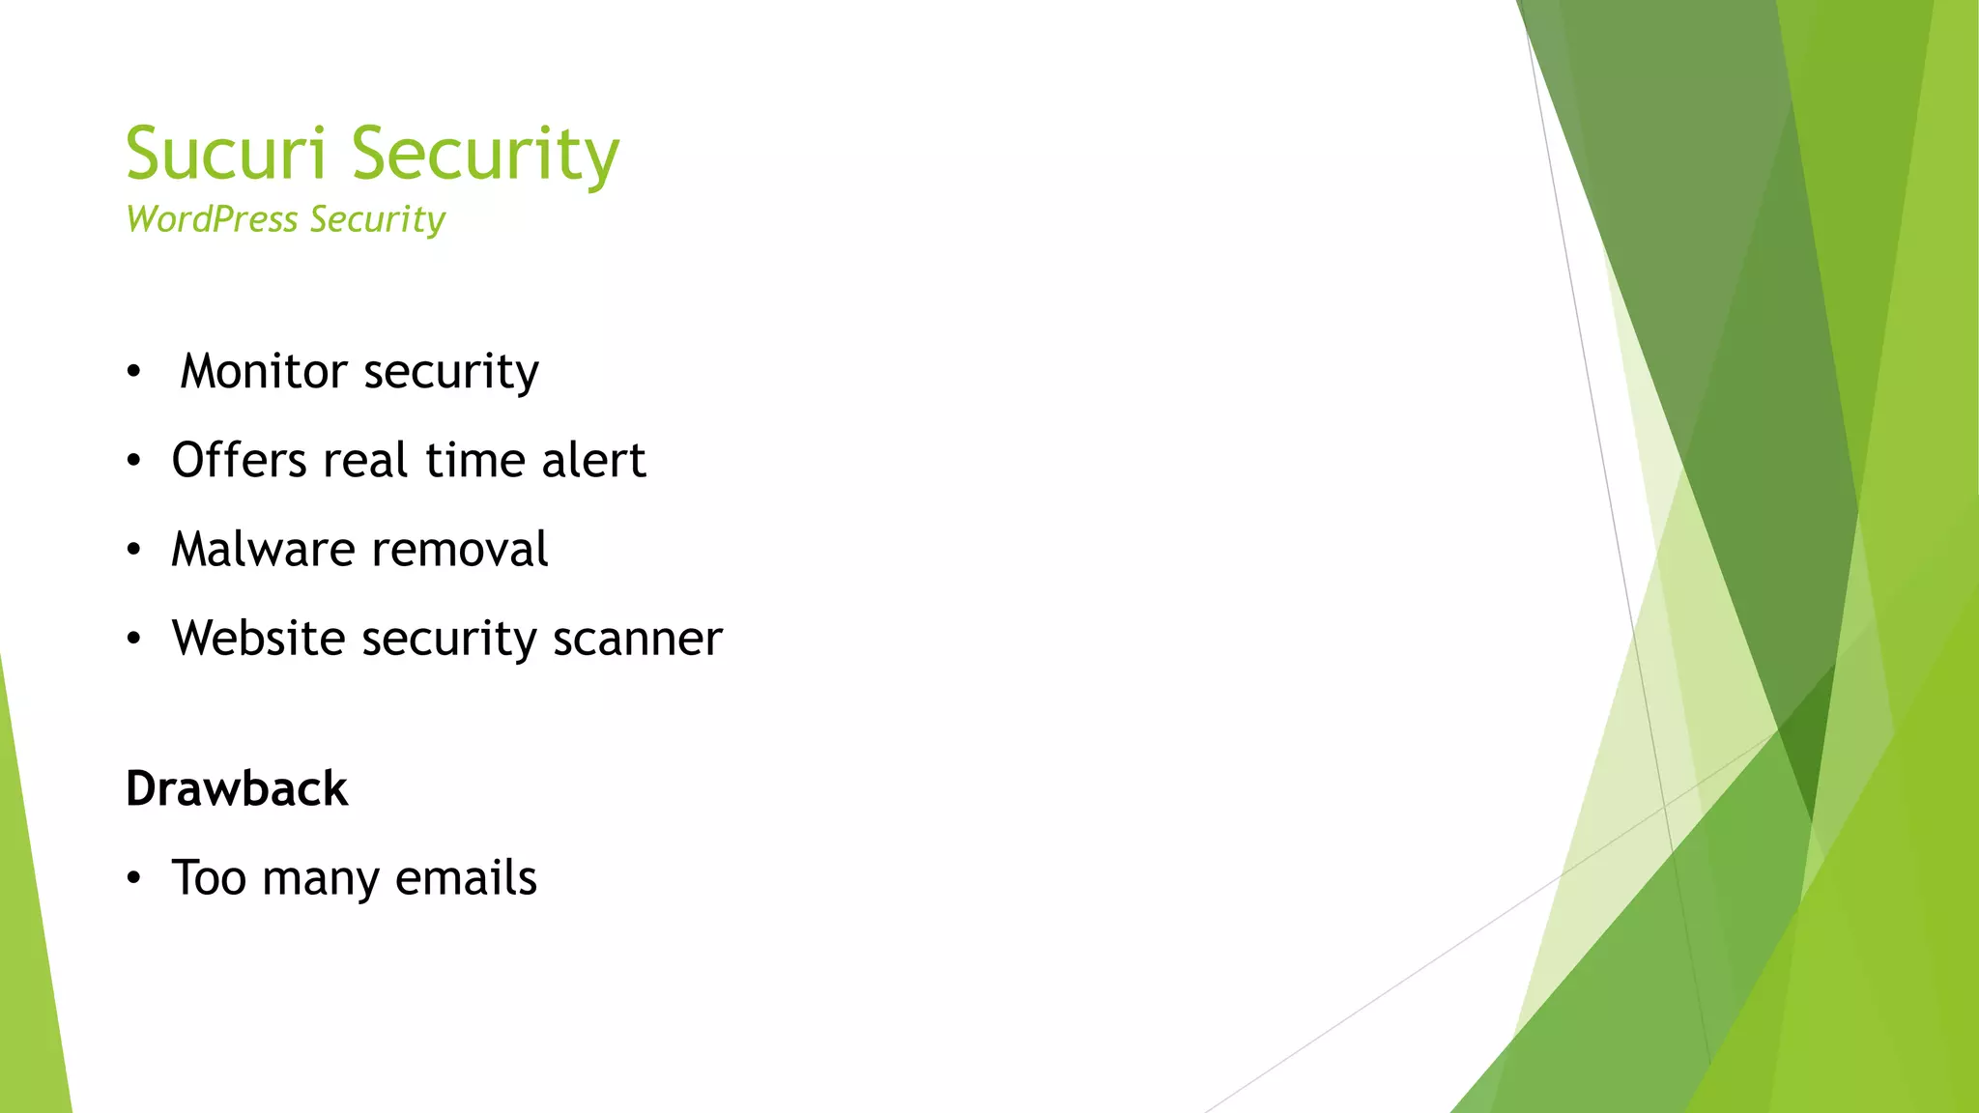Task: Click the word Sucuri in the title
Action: [x=226, y=155]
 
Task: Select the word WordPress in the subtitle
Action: [x=212, y=219]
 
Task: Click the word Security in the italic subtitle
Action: [x=378, y=219]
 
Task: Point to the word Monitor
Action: [x=264, y=371]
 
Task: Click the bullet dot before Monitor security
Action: [x=133, y=372]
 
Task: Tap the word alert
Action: [x=593, y=460]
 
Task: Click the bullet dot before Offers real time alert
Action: [x=133, y=462]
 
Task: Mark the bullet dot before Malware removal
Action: [x=133, y=551]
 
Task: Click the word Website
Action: [x=258, y=638]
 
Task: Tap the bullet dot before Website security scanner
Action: [x=133, y=640]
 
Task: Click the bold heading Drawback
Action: [x=237, y=788]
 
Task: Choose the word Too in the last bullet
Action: [x=209, y=877]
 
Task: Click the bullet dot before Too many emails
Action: [x=133, y=879]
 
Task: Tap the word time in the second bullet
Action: [x=473, y=460]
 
